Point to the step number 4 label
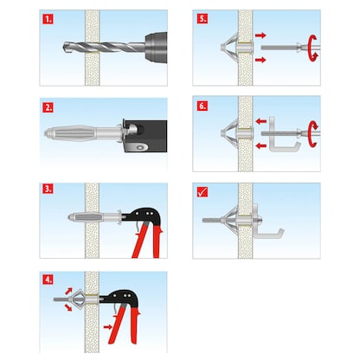click(x=48, y=280)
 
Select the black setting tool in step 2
click(x=143, y=134)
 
